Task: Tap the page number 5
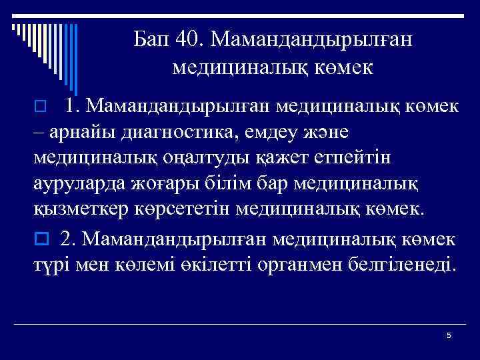[x=449, y=335]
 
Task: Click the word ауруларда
[x=79, y=184]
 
